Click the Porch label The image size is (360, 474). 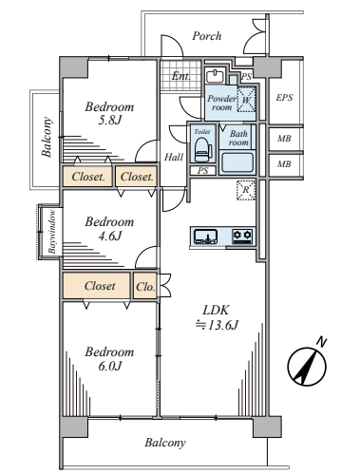point(207,36)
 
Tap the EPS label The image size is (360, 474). point(284,98)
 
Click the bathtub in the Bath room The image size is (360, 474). point(237,162)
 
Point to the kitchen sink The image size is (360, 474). point(205,237)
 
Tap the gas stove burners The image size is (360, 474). point(242,237)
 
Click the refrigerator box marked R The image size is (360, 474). point(246,190)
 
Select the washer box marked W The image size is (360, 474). point(246,100)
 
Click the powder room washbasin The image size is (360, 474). point(216,76)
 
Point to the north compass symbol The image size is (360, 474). point(307,366)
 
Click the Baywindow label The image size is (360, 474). point(52,232)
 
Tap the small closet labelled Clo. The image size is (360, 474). point(145,286)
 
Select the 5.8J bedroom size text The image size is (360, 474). point(109,121)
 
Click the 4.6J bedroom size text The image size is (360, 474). point(109,236)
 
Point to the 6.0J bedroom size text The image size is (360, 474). point(109,366)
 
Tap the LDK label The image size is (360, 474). point(216,310)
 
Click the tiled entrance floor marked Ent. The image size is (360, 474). point(180,75)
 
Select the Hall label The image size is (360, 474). point(174,157)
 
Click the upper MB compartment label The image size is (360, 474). point(284,139)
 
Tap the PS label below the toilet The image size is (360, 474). point(203,171)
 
